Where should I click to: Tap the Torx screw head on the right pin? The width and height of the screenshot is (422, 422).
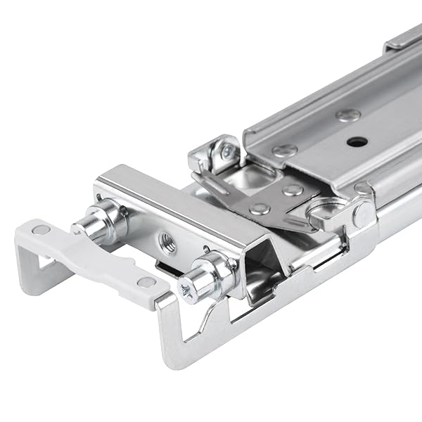coord(187,287)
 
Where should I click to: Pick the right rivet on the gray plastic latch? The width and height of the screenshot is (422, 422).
coord(146,282)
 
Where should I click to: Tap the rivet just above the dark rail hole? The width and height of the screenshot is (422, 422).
coord(347,115)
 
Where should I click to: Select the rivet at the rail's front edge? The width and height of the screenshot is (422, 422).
coord(285,150)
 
